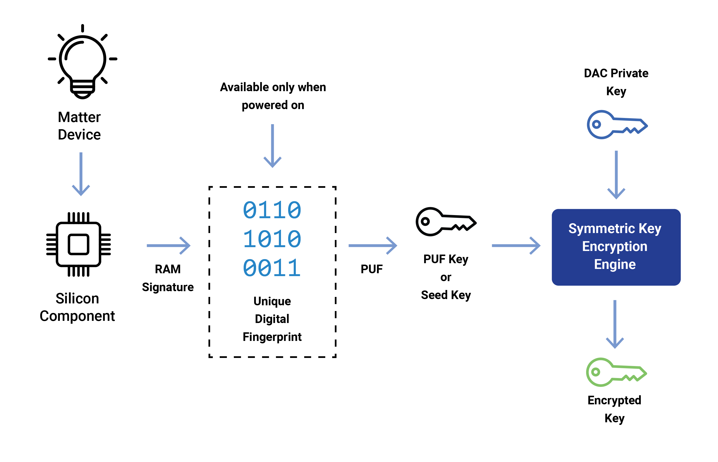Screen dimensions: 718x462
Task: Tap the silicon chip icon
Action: click(79, 245)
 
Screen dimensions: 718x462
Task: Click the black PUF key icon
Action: click(446, 222)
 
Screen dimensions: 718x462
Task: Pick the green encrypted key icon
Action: click(616, 372)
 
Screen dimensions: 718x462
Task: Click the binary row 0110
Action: click(272, 210)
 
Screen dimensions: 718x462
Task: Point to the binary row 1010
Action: click(272, 239)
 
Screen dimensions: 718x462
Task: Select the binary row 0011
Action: click(272, 268)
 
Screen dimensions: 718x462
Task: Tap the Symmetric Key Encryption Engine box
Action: click(616, 247)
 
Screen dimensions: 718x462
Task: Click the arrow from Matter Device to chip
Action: click(81, 174)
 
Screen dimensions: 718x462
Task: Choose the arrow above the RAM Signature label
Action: click(169, 245)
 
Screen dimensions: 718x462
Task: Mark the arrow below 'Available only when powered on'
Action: click(272, 146)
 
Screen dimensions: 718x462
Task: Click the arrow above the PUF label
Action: click(373, 245)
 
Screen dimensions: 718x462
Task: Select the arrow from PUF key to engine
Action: click(516, 245)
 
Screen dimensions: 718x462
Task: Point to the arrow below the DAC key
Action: click(616, 175)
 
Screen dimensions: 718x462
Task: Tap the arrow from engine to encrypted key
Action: click(615, 324)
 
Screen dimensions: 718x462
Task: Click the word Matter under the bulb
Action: click(79, 117)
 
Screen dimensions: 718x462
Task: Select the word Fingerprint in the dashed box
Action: click(272, 337)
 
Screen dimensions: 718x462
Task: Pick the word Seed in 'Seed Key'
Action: click(434, 295)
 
